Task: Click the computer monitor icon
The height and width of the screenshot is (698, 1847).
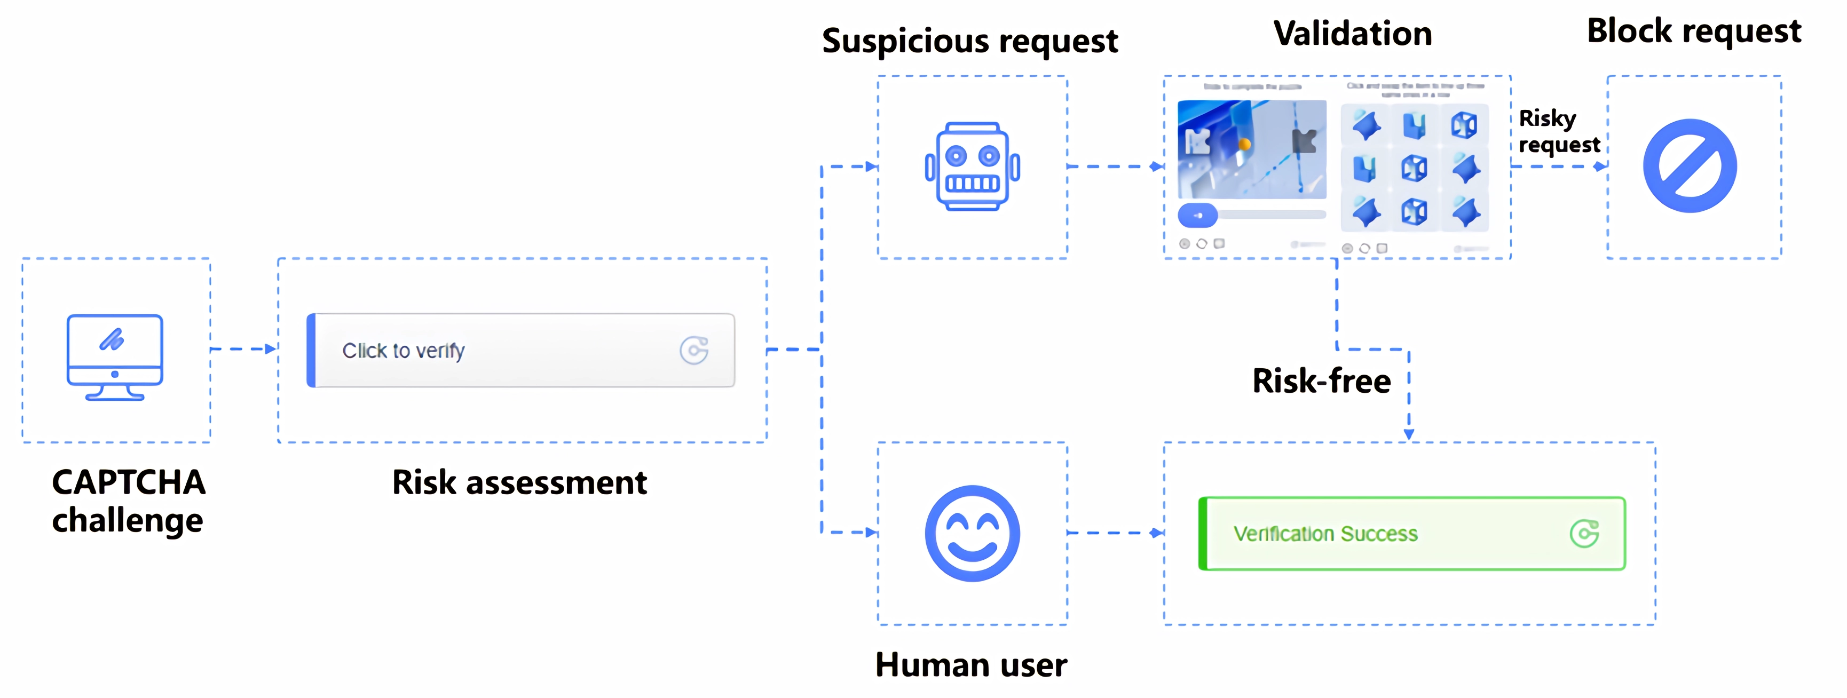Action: [115, 356]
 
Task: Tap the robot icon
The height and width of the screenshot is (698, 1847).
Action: [972, 166]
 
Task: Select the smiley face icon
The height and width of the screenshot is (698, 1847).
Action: [972, 533]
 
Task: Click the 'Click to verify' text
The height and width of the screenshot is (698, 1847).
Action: [403, 351]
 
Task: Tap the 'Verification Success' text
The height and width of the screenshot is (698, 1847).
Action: [1325, 534]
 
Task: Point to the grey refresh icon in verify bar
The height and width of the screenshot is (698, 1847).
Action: [693, 351]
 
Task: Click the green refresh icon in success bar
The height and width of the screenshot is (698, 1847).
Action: [1584, 534]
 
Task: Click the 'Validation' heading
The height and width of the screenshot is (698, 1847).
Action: [1352, 34]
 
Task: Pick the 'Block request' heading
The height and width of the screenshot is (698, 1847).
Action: [1694, 31]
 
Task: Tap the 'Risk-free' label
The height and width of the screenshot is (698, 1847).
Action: [1321, 380]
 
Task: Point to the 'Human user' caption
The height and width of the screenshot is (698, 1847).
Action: [971, 664]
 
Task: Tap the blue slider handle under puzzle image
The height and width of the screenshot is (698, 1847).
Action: [1197, 215]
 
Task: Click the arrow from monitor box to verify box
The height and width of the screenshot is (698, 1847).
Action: [244, 349]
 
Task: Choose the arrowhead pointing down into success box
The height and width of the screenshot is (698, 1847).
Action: [1408, 434]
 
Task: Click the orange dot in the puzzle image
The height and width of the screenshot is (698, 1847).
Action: [1245, 145]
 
